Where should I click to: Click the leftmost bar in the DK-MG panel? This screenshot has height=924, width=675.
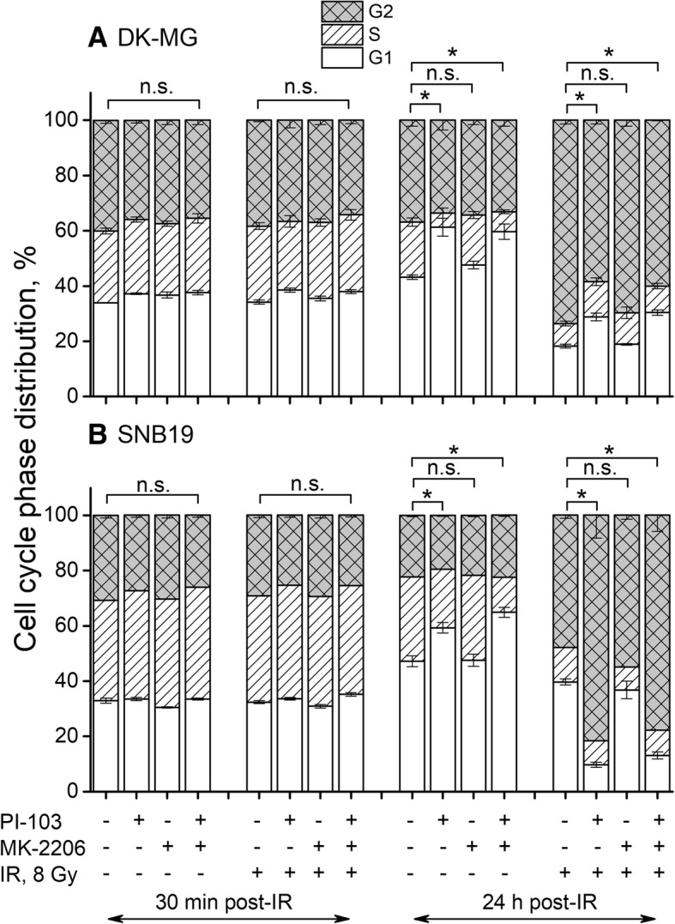(x=106, y=257)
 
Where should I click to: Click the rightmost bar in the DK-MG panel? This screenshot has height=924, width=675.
(x=658, y=257)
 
